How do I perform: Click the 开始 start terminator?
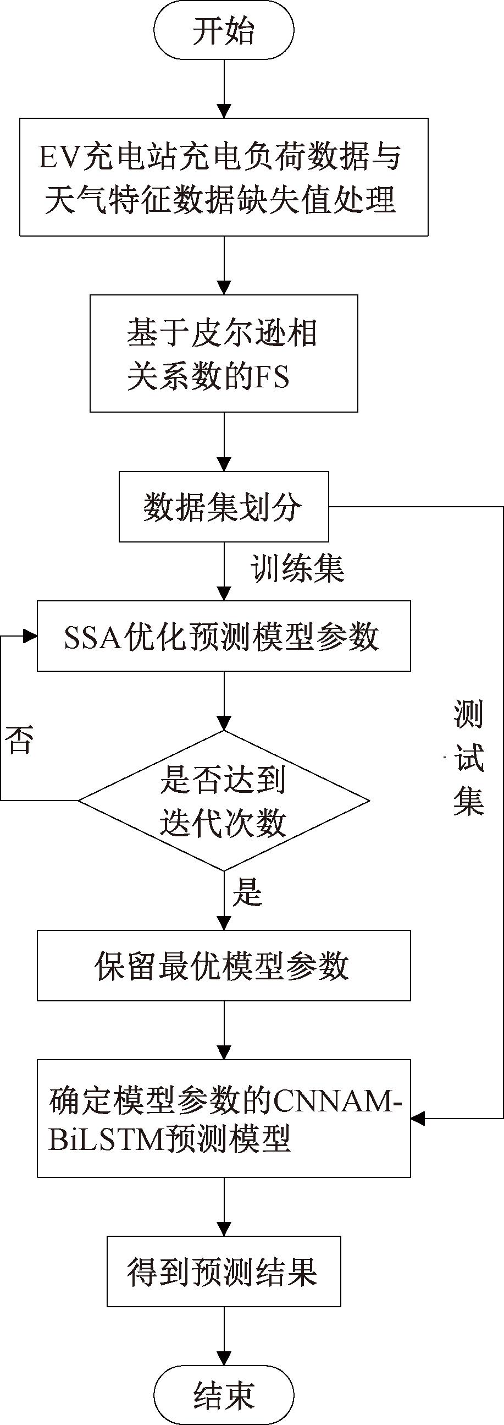pyautogui.click(x=224, y=31)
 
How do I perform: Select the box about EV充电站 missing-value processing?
pyautogui.click(x=224, y=177)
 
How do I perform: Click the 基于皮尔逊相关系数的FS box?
pyautogui.click(x=224, y=353)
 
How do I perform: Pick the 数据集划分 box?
pyautogui.click(x=224, y=506)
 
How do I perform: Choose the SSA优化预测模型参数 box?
pyautogui.click(x=224, y=636)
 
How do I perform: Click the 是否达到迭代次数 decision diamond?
pyautogui.click(x=224, y=800)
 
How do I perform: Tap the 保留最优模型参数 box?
pyautogui.click(x=224, y=965)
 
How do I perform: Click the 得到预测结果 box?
pyautogui.click(x=224, y=1271)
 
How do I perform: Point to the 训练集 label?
pyautogui.click(x=298, y=569)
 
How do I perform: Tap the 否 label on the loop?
pyautogui.click(x=19, y=740)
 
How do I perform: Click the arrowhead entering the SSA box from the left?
pyautogui.click(x=30, y=636)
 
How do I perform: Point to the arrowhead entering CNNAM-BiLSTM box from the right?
pyautogui.click(x=418, y=1118)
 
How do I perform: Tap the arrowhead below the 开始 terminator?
pyautogui.click(x=224, y=111)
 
